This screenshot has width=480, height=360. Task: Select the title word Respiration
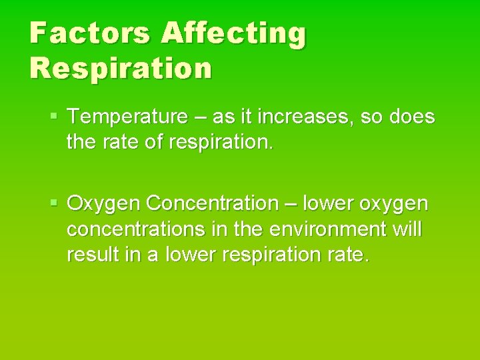(121, 67)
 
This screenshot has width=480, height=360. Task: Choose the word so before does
(370, 118)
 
